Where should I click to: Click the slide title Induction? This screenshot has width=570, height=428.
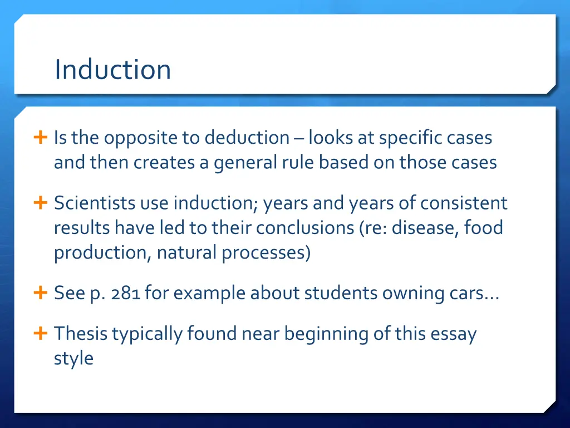(x=112, y=69)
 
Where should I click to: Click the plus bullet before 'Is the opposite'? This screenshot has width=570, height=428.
(x=40, y=138)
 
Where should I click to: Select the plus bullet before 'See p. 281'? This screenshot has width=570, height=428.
(x=40, y=293)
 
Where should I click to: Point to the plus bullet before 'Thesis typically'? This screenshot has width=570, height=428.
(x=40, y=334)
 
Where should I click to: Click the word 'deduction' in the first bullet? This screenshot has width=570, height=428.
(x=247, y=138)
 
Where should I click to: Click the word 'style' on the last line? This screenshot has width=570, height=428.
(x=73, y=358)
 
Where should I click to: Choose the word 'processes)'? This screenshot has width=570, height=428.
(x=266, y=252)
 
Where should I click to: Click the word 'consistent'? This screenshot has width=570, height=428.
(x=464, y=203)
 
